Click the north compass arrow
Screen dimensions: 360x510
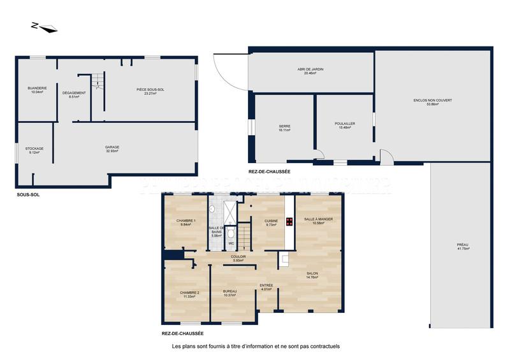[x=44, y=27]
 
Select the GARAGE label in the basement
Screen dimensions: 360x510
[x=112, y=148]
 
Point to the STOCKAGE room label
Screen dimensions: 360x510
[x=35, y=150]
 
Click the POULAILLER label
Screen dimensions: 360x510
[x=344, y=126]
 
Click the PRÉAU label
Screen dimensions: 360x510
[x=463, y=247]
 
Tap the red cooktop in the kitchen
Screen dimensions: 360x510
[x=289, y=222]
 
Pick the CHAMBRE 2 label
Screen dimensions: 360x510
[x=190, y=294]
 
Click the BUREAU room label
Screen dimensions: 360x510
[x=229, y=293]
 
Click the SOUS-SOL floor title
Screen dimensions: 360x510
[x=28, y=194]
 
